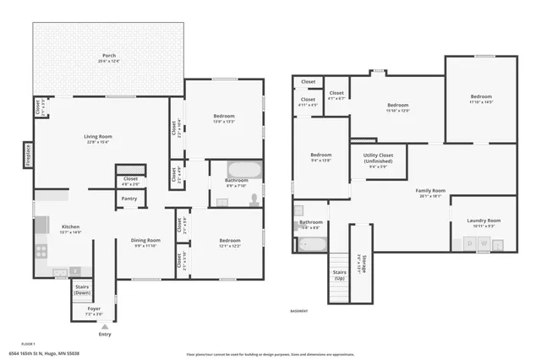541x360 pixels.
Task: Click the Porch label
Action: pyautogui.click(x=109, y=57)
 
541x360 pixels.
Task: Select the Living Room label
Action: pyautogui.click(x=98, y=139)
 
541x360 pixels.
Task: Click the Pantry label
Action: pyautogui.click(x=128, y=199)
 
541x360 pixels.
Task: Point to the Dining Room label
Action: pyautogui.click(x=147, y=243)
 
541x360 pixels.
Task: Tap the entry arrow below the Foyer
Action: pyautogui.click(x=105, y=325)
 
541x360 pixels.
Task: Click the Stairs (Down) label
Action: pyautogui.click(x=82, y=289)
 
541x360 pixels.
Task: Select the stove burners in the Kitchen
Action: pyautogui.click(x=41, y=251)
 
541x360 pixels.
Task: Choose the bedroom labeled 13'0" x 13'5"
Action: pyautogui.click(x=224, y=117)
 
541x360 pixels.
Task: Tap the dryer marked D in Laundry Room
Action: pyautogui.click(x=470, y=244)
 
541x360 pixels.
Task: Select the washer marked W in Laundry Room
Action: pyautogui.click(x=484, y=244)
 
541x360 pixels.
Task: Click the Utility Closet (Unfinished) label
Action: pyautogui.click(x=379, y=161)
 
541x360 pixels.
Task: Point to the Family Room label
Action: pyautogui.click(x=429, y=194)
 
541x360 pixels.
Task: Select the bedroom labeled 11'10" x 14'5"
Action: pyautogui.click(x=481, y=99)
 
